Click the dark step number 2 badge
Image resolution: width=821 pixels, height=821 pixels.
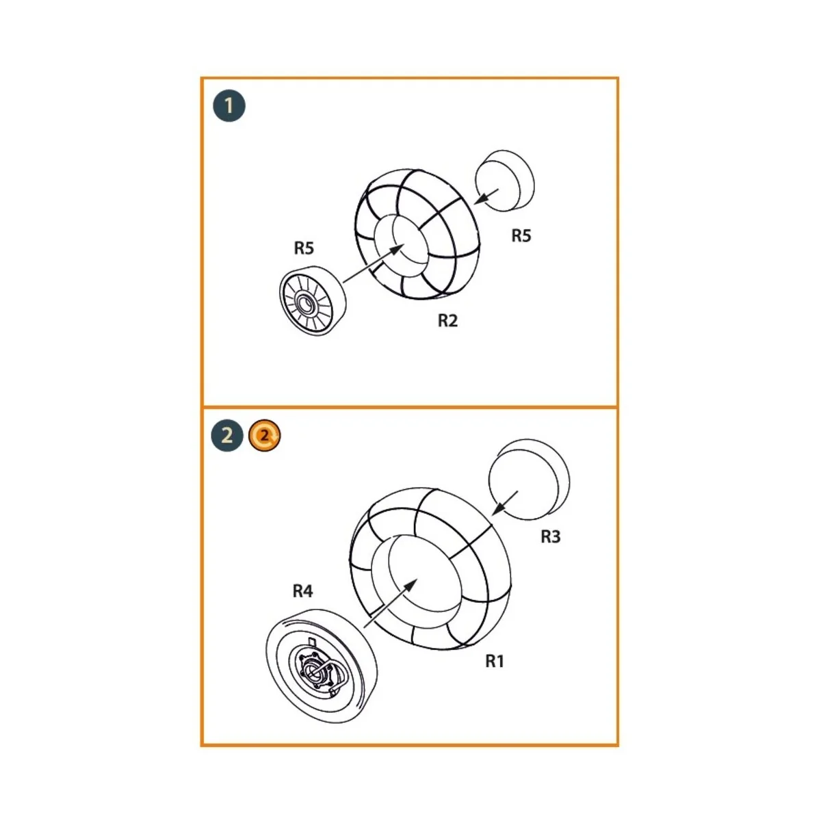point(228,435)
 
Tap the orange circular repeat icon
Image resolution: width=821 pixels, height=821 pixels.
point(265,435)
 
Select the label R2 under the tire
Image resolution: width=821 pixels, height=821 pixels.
point(447,321)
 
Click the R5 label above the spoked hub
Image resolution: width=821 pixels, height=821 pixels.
point(304,248)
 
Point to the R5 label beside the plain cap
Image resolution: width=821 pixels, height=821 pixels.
point(521,235)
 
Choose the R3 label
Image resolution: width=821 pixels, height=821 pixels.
point(550,537)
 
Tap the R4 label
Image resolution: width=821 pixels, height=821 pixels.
point(302,590)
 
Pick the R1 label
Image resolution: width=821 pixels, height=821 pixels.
point(495,661)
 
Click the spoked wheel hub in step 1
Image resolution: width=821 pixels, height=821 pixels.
point(311,300)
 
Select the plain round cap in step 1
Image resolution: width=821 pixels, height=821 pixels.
point(504,179)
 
